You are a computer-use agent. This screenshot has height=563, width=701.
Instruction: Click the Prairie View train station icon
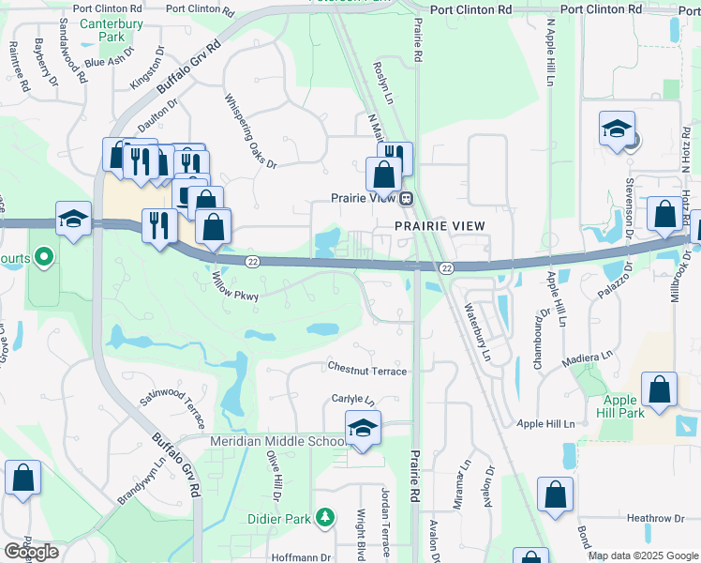coord(407,198)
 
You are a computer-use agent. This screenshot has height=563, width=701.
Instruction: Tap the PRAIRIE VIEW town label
coord(440,226)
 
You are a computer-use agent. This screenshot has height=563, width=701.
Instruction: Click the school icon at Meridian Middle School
coord(363,429)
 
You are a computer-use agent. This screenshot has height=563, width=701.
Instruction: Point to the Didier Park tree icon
coord(324,517)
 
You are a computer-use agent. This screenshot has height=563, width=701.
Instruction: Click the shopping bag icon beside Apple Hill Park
coord(659,392)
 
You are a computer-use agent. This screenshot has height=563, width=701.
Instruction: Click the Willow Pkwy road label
coord(234,286)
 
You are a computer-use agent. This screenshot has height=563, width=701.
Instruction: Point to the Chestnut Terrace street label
coord(367,371)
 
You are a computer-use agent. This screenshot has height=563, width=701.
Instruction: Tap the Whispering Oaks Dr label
coord(250,131)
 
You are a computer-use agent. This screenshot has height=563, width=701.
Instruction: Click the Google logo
coord(31,552)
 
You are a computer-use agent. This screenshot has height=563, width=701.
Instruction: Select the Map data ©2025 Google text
coord(644,555)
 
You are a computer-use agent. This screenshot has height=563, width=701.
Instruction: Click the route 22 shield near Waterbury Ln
coord(447,268)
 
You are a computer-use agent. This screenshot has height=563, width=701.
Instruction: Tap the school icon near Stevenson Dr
coord(618,129)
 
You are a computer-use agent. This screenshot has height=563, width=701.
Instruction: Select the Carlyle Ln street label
coord(352,399)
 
